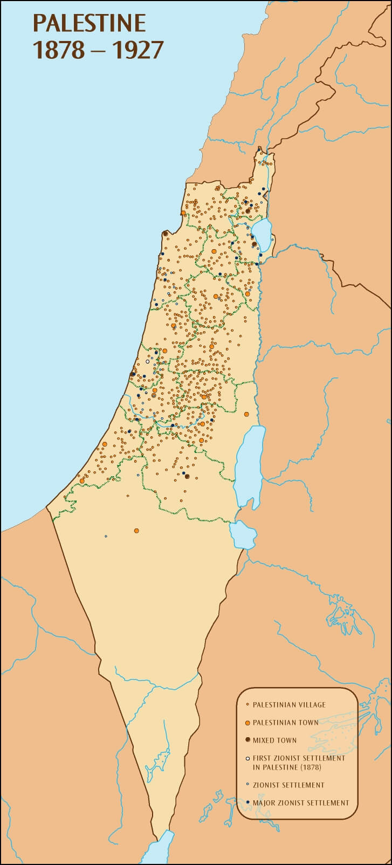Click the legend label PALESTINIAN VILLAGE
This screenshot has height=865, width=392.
click(x=289, y=704)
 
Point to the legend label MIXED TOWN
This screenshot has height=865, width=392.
click(x=274, y=740)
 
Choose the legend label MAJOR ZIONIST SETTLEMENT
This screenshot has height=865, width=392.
click(x=301, y=802)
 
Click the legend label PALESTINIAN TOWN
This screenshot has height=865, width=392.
click(x=285, y=722)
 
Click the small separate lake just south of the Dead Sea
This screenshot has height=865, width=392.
click(x=243, y=534)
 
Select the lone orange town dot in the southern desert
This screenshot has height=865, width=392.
click(x=136, y=530)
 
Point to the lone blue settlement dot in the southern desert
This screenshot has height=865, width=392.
click(x=106, y=536)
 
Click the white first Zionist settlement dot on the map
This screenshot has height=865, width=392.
click(x=147, y=361)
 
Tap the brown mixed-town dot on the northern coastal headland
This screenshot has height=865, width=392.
click(x=164, y=234)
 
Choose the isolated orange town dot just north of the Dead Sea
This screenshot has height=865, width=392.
click(x=246, y=414)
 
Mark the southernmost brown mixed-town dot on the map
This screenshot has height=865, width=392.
click(x=187, y=476)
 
